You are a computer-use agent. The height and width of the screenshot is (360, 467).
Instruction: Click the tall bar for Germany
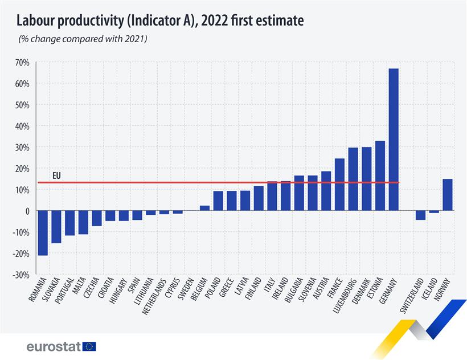point(394,140)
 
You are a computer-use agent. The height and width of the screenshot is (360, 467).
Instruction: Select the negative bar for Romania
point(43,233)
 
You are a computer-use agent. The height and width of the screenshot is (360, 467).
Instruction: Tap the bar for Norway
point(448,195)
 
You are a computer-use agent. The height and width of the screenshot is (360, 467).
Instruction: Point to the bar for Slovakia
point(56,227)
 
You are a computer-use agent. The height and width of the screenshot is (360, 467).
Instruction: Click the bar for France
point(339,185)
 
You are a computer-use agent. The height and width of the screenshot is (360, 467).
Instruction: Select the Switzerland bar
point(420,215)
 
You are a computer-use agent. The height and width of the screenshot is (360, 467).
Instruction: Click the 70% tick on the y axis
point(22,62)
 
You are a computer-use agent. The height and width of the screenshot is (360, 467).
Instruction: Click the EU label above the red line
point(56,176)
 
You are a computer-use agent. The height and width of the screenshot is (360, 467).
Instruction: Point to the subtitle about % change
point(83,39)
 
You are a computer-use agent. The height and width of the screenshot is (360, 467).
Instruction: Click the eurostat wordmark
point(53,346)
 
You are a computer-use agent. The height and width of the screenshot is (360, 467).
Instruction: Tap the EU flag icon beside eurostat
point(89,346)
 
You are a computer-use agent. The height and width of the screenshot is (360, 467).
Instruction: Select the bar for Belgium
point(204,208)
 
